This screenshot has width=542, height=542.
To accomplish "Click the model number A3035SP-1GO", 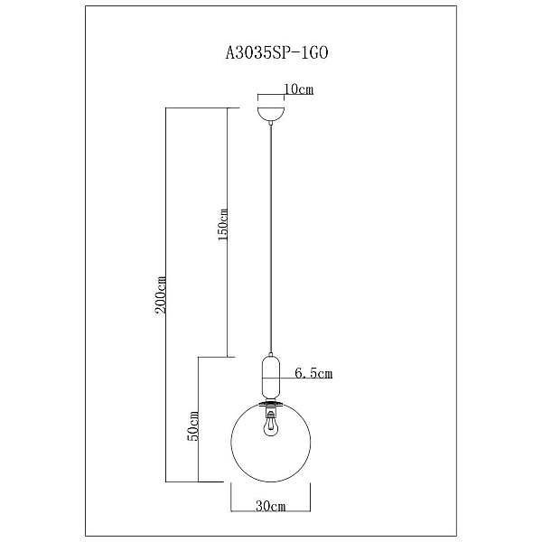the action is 276,53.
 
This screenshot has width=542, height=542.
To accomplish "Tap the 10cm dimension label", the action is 299,89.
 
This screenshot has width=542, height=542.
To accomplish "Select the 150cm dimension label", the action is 223,225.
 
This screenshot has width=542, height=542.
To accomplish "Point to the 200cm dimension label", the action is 161,294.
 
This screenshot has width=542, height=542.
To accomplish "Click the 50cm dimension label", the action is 193,426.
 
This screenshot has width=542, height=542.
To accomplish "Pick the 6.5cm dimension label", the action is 313,373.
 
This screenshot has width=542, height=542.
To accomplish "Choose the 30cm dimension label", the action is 271,507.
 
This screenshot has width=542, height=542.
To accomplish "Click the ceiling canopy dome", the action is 271,114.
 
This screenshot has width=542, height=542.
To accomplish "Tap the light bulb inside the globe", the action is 271,427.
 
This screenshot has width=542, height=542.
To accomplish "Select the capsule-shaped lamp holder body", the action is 271,378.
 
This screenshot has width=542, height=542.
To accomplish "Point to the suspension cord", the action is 271,239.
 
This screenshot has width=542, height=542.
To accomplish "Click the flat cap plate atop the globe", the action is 271,404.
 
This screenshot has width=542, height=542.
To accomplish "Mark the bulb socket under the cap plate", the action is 271,413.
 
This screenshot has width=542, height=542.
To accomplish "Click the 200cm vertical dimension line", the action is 165,294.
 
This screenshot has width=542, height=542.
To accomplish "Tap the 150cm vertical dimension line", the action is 227,232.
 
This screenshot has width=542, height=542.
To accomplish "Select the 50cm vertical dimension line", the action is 198,419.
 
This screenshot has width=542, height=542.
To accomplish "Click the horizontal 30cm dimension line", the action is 271,511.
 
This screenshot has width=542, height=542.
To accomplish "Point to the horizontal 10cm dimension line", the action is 271,94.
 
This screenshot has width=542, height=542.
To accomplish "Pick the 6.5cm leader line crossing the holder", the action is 297,378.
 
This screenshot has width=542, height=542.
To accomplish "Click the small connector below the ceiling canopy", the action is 271,123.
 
